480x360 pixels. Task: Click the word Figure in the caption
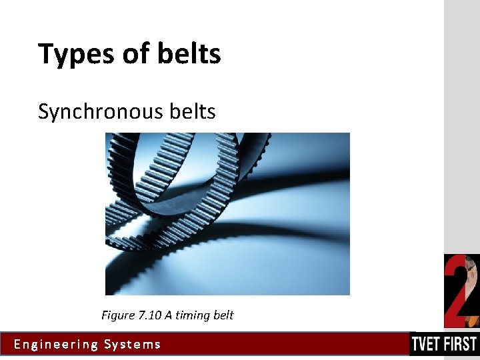tap(117, 315)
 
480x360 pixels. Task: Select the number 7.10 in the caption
tap(151, 315)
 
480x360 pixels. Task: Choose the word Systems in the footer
tap(133, 345)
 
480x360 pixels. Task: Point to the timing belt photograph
tap(227, 213)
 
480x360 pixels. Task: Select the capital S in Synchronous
tap(43, 111)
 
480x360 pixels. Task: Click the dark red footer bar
tap(280, 345)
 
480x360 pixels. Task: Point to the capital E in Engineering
tap(17, 345)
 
